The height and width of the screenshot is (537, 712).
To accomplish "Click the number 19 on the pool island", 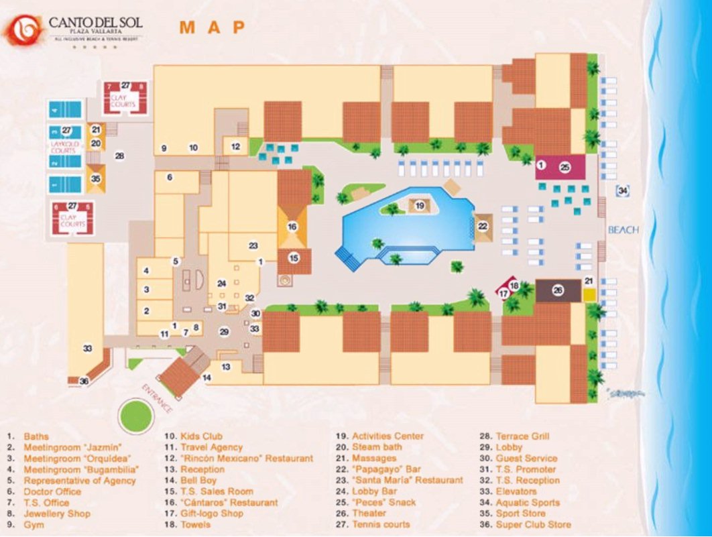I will click(420, 206).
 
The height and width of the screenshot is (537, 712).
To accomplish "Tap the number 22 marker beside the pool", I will click(483, 227).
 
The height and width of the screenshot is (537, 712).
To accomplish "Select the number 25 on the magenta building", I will click(565, 167).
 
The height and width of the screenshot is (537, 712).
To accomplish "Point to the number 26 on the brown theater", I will click(557, 290).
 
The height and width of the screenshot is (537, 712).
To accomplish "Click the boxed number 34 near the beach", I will click(623, 191).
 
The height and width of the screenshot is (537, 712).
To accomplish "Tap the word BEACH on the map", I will click(624, 230).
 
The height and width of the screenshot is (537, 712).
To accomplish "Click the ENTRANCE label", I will click(157, 398).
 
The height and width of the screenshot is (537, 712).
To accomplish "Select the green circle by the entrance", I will click(136, 416).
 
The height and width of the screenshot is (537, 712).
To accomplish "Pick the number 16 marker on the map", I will click(292, 227).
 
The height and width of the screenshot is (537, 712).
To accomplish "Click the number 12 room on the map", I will click(235, 146).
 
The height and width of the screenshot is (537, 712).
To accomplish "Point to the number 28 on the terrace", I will click(120, 156).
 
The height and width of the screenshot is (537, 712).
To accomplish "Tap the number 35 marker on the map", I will click(95, 179).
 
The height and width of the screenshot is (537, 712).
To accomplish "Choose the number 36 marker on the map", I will click(84, 381).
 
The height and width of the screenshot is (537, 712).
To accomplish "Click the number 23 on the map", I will click(253, 245).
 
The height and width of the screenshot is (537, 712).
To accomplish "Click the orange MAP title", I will click(212, 27).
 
